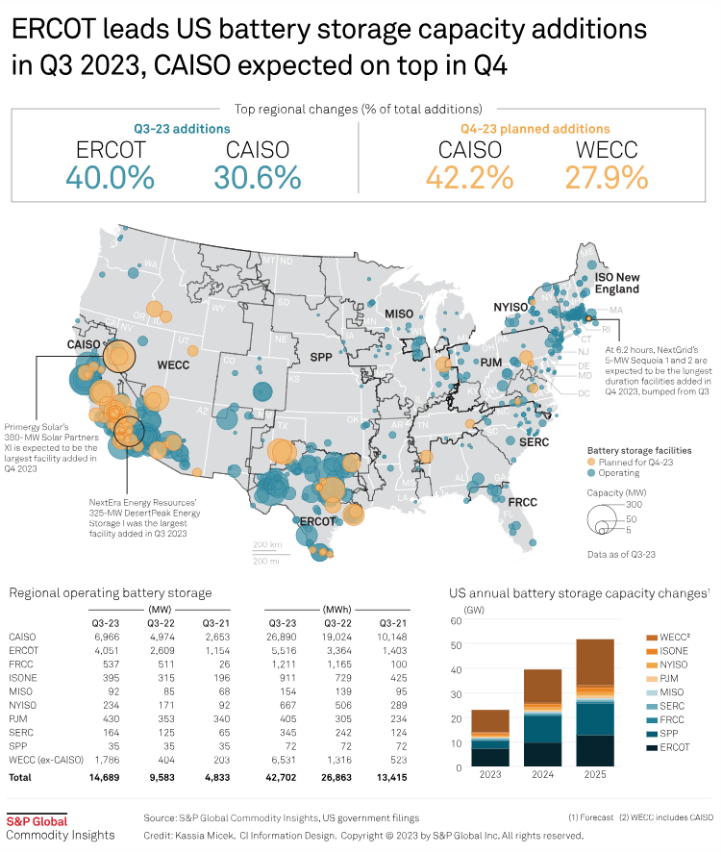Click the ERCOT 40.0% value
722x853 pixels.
pyautogui.click(x=111, y=177)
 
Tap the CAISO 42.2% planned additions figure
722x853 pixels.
pyautogui.click(x=470, y=177)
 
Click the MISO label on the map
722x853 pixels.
pyautogui.click(x=398, y=314)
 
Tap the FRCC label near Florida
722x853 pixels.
pyautogui.click(x=522, y=503)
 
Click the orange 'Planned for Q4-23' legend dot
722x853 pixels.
pyautogui.click(x=592, y=463)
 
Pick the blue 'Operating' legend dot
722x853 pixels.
pyautogui.click(x=592, y=473)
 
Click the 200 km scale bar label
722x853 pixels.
pyautogui.click(x=265, y=544)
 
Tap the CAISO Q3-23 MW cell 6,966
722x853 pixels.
pyautogui.click(x=109, y=637)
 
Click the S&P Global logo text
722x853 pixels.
pyautogui.click(x=37, y=820)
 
